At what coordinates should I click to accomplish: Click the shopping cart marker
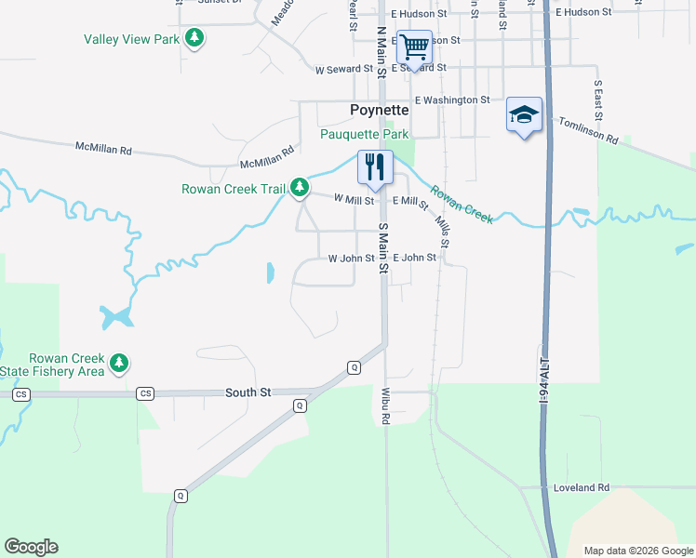pos(414,46)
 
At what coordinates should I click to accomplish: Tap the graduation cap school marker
pos(524,115)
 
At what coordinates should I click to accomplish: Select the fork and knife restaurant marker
pos(375,167)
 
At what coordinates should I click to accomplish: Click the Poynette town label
pos(379,110)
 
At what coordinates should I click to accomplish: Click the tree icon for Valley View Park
pos(194,38)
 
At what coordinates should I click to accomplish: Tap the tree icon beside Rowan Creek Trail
pos(299,189)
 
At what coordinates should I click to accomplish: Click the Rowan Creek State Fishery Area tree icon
pos(118,364)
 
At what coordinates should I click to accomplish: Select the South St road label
pos(248,393)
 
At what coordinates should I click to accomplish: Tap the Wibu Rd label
pos(384,405)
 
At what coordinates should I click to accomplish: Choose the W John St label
pos(351,259)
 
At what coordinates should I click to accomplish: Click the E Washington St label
pos(452,100)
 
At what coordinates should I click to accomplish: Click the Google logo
pos(31,547)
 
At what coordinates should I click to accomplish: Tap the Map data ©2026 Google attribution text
pos(638,551)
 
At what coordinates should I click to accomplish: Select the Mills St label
pos(443,232)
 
